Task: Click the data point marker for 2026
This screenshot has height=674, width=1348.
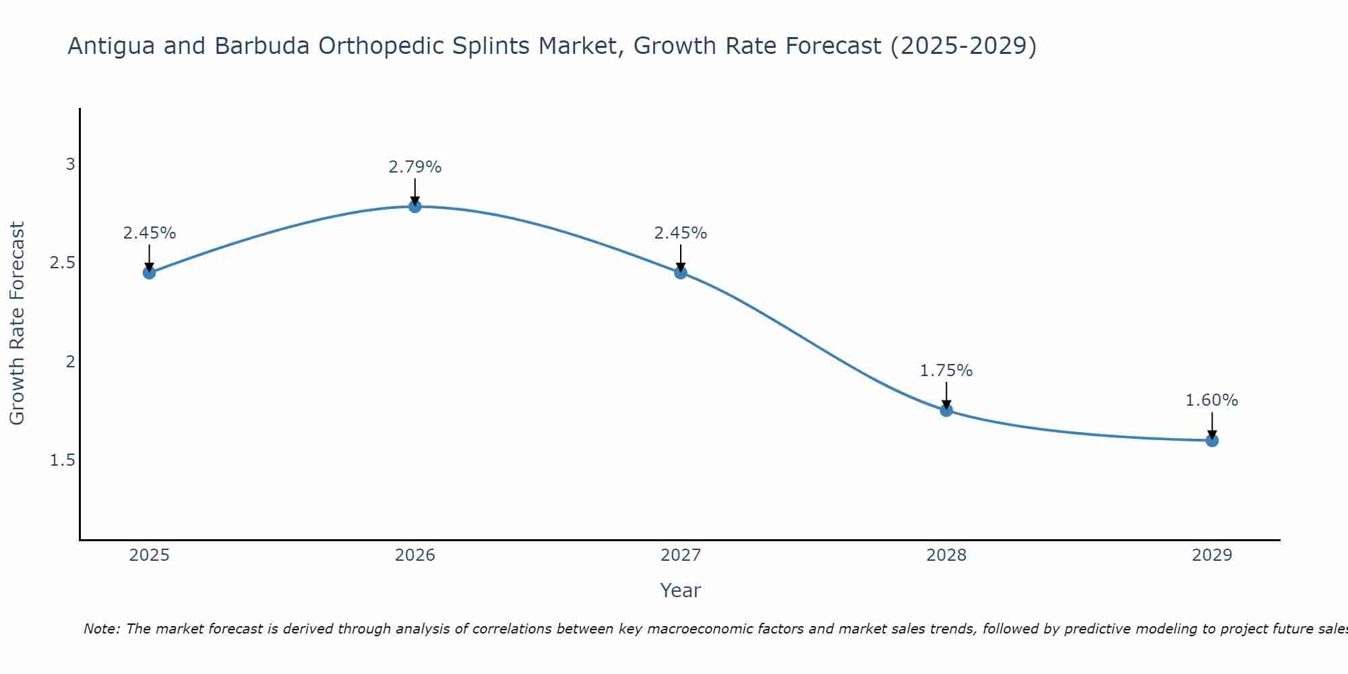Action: [x=415, y=206]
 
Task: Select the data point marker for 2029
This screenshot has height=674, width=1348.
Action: [x=1212, y=441]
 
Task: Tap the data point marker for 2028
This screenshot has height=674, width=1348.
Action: [x=946, y=410]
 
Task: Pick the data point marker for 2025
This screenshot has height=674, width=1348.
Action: [x=150, y=273]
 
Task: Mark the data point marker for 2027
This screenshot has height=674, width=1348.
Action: [x=681, y=273]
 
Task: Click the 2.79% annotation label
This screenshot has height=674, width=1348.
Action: [x=415, y=167]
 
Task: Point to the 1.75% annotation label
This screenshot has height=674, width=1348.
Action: [x=946, y=371]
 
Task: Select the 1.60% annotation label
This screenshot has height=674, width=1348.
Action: [x=1212, y=400]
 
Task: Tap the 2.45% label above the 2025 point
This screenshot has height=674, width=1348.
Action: [x=150, y=233]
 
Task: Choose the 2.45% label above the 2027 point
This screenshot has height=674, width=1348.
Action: [x=681, y=233]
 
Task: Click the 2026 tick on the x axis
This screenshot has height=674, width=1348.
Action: [x=415, y=555]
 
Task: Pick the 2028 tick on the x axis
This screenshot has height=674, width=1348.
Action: [x=946, y=555]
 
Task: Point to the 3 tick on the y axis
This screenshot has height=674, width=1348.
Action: [x=70, y=164]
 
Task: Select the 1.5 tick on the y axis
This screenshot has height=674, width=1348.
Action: [x=62, y=460]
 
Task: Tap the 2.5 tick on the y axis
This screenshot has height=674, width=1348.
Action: [x=62, y=263]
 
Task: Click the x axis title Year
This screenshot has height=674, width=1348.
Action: [x=681, y=590]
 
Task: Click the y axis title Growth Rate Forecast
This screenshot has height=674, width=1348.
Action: [x=18, y=324]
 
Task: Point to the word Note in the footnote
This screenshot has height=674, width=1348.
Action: [x=101, y=629]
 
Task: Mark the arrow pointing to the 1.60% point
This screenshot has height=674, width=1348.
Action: [x=1212, y=425]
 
